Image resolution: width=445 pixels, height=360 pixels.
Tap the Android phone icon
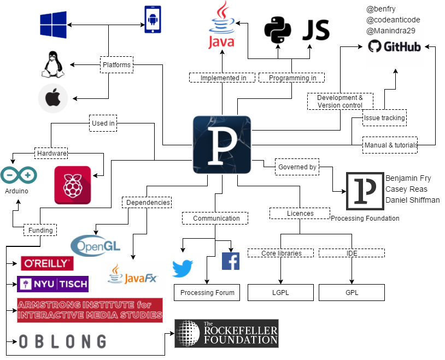(x=153, y=20)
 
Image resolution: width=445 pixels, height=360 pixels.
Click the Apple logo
(x=53, y=99)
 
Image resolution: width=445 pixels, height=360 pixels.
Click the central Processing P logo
(x=221, y=145)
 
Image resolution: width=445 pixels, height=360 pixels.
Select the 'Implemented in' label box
(x=222, y=78)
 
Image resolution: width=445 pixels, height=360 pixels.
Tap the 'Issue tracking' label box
(x=384, y=117)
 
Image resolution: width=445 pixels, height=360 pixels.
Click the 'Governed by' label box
(x=297, y=167)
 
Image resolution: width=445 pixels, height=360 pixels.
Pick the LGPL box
(x=280, y=293)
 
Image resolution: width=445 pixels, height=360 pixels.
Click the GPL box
(x=352, y=293)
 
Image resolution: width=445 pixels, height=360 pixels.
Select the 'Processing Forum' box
(x=207, y=293)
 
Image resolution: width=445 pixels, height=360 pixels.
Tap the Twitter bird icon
(x=183, y=268)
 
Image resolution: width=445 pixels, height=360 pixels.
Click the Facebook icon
(x=230, y=261)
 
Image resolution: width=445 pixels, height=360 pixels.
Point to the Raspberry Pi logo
(x=73, y=185)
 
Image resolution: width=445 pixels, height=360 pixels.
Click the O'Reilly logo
(x=47, y=263)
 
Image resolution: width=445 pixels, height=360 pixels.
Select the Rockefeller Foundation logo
(x=226, y=333)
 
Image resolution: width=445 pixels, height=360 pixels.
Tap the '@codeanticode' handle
(x=393, y=20)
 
